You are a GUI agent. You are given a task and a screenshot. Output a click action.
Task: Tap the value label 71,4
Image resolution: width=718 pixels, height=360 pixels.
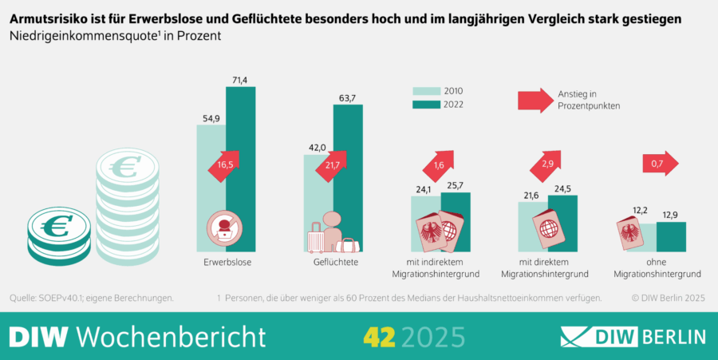point(240,79)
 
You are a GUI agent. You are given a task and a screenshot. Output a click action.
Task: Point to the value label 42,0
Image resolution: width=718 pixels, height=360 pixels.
point(318,147)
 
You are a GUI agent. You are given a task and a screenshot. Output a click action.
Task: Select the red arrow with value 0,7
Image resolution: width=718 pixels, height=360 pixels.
point(659,164)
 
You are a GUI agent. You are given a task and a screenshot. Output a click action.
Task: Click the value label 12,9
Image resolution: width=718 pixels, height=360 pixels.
point(671,215)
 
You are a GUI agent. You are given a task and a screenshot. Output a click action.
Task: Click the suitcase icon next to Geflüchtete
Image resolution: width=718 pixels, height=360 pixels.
point(317,237)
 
